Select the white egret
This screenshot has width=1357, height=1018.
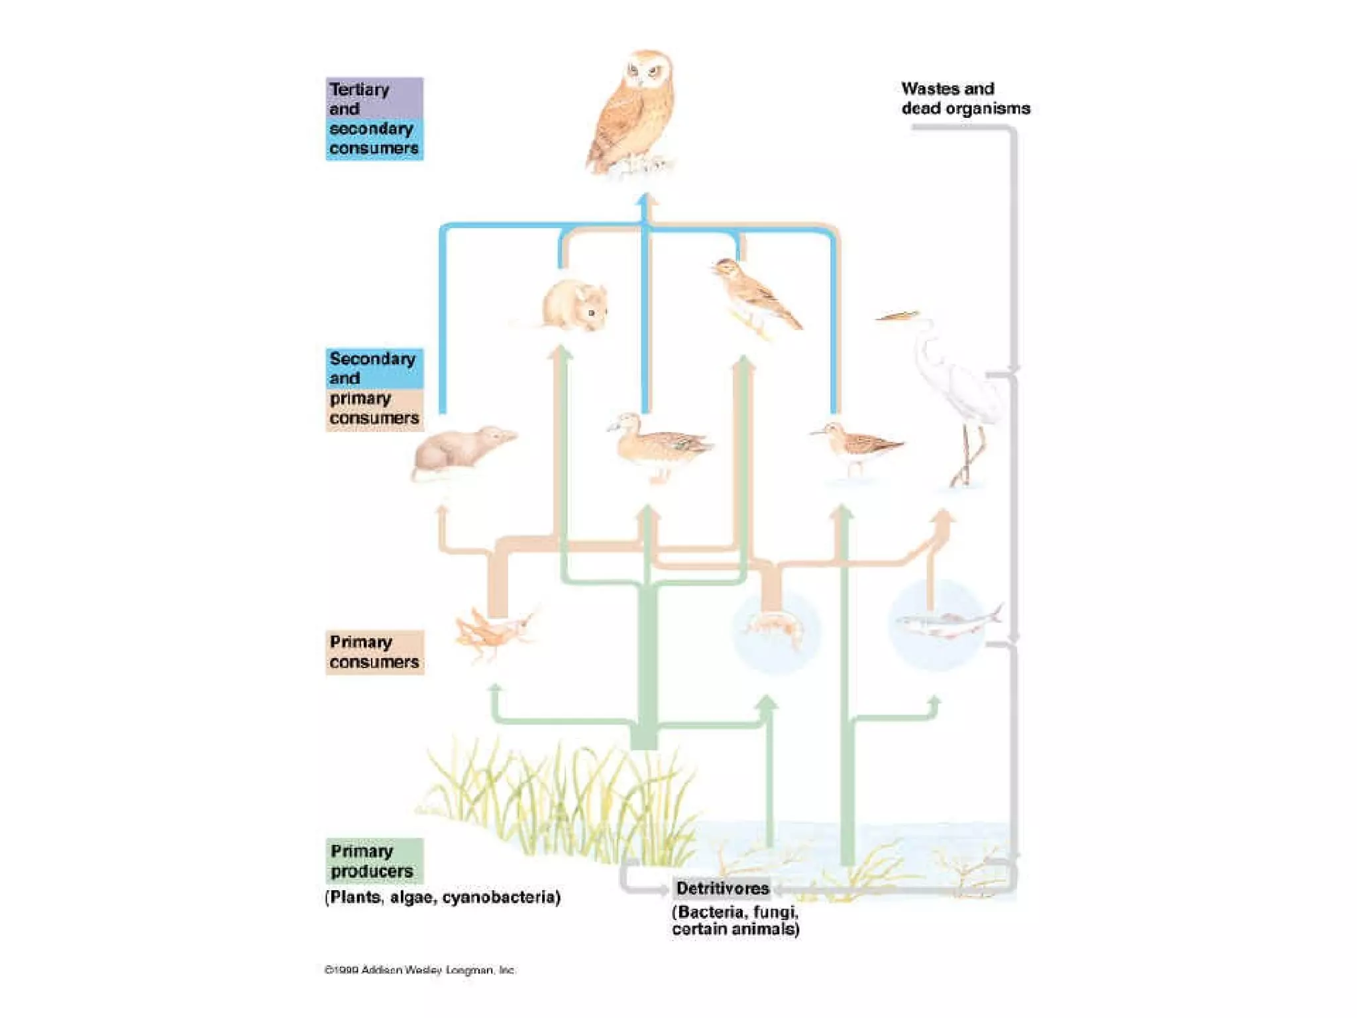click(954, 391)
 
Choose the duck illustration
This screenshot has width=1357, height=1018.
click(659, 444)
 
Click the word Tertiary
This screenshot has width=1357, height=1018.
click(360, 89)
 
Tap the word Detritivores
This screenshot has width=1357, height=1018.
click(722, 888)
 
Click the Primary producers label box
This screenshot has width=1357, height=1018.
click(374, 860)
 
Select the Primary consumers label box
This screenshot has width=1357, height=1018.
click(374, 652)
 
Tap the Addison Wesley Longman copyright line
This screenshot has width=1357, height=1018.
click(419, 970)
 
